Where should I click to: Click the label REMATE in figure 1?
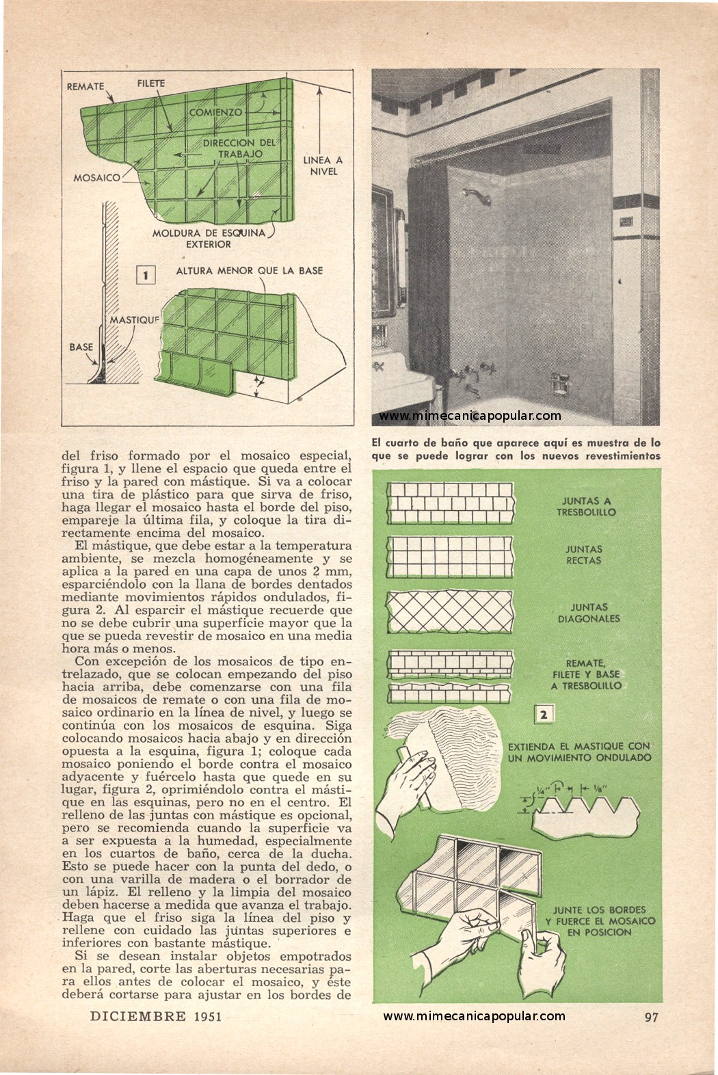[x=85, y=86]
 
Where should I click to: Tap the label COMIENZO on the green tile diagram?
[x=215, y=113]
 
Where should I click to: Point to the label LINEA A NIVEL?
[x=323, y=165]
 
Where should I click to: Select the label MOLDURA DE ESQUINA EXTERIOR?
[x=209, y=239]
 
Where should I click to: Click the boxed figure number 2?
[x=544, y=715]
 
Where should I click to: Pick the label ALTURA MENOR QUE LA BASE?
[x=249, y=271]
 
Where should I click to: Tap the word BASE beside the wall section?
[x=81, y=347]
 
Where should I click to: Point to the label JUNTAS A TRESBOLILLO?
[x=586, y=507]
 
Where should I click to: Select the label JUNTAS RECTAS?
[x=583, y=555]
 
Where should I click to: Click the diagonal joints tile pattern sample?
[x=451, y=611]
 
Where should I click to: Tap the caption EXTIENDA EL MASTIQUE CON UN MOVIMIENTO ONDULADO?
[x=579, y=752]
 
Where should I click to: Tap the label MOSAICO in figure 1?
[x=97, y=178]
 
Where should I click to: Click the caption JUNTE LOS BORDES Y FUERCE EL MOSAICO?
[x=600, y=921]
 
